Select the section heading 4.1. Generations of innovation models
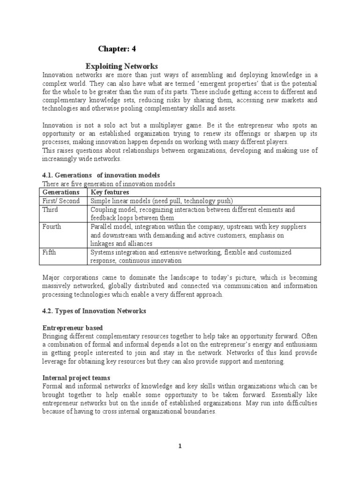[x=101, y=175]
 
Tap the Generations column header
[x=61, y=192]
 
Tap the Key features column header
[x=110, y=192]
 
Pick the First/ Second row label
[x=61, y=201]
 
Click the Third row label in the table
[x=51, y=210]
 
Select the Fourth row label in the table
[x=52, y=227]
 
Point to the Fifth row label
[x=50, y=252]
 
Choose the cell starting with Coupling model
[x=193, y=214]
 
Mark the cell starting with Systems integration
[x=191, y=256]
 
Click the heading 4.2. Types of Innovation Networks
[x=94, y=311]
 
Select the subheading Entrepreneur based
[x=73, y=328]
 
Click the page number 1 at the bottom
[x=179, y=446]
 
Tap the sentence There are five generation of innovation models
[x=109, y=183]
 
